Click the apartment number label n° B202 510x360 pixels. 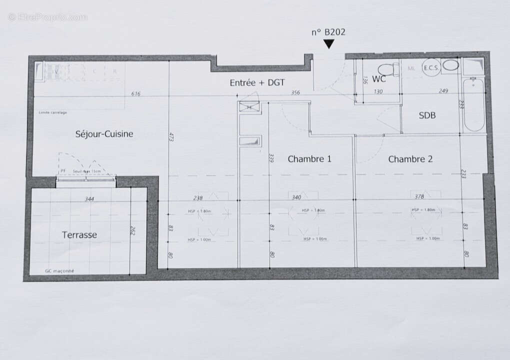[x=328, y=32]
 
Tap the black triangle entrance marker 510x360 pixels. [x=328, y=44]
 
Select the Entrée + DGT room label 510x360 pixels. [x=257, y=83]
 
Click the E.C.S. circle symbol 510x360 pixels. [x=431, y=68]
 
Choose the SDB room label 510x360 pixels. [x=427, y=115]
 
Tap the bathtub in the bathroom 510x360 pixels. [x=473, y=105]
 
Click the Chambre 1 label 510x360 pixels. [x=309, y=159]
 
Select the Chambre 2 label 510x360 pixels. [x=410, y=159]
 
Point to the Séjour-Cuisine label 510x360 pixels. [x=104, y=133]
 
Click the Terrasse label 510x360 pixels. [x=79, y=234]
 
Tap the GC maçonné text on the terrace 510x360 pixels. [x=59, y=271]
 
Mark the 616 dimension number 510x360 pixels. [x=135, y=93]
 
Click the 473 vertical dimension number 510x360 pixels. [x=170, y=137]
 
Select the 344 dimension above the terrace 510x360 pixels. [x=89, y=199]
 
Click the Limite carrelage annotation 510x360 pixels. [x=52, y=112]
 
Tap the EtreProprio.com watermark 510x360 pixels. [x=47, y=17]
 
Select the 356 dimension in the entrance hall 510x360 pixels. [x=295, y=92]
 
